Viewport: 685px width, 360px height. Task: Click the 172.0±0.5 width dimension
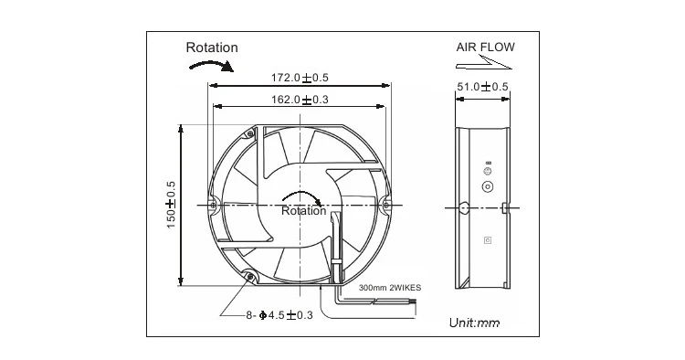(300, 78)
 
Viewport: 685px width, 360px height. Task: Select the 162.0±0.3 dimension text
(300, 100)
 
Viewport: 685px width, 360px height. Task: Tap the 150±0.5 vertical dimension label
(171, 205)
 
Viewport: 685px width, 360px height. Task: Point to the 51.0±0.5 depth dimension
(483, 87)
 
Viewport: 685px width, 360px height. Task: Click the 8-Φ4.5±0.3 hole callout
(279, 315)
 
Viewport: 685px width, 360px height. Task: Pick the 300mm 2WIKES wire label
(390, 288)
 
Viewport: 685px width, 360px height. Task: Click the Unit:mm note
(474, 323)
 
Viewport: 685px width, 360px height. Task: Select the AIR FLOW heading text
(485, 48)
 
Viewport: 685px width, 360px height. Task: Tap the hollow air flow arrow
(484, 63)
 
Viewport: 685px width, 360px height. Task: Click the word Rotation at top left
(212, 48)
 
